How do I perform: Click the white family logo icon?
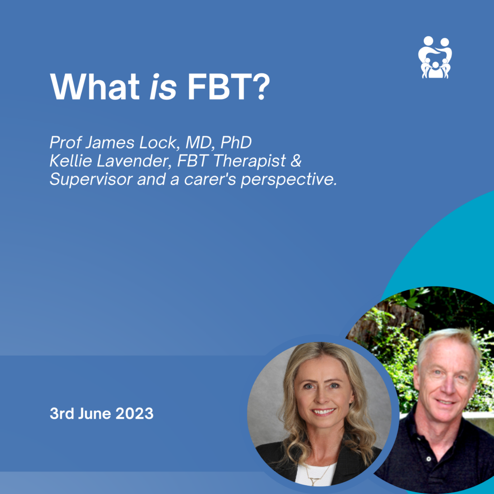435,57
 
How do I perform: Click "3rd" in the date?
62,413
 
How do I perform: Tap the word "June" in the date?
98,413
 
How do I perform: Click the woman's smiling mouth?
323,412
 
